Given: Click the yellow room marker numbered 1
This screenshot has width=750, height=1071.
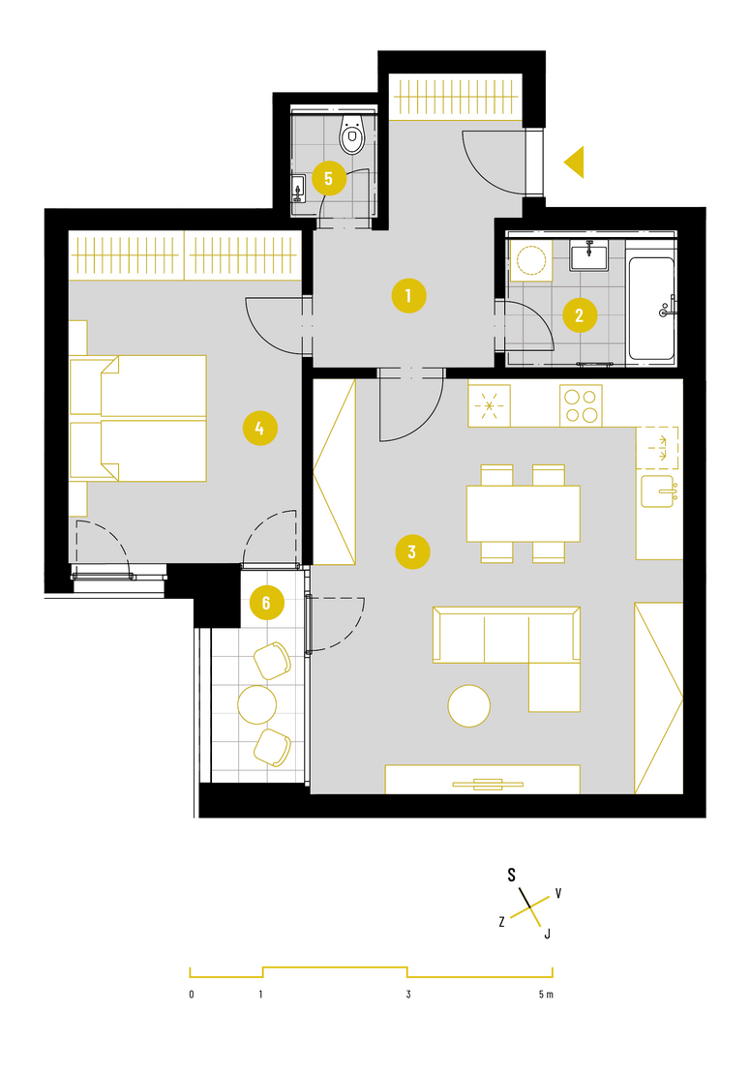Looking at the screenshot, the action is pos(408,296).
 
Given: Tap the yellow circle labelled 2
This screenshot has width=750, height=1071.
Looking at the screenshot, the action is pos(580,314).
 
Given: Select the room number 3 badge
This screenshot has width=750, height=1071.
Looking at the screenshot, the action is pos(412,551).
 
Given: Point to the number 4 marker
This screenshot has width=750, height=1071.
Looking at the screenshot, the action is pos(259,429).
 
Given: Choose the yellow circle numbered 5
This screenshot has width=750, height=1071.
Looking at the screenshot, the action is pos(329,178).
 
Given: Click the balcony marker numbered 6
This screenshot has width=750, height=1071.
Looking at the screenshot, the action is pos(266,603).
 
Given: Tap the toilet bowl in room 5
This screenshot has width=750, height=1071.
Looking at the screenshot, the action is pos(352,134).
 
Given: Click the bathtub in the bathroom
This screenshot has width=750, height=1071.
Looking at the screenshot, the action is pos(652,308).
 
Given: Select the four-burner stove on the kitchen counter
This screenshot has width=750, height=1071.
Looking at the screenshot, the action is pos(581,405).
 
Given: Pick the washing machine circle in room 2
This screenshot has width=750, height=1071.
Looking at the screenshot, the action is pos(530,260).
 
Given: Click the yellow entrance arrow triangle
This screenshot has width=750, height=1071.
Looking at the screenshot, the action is pos(574,163).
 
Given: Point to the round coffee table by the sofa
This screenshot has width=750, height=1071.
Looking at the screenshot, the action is pos(469,705).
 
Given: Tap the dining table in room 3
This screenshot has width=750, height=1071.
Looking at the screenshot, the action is pos(524,513).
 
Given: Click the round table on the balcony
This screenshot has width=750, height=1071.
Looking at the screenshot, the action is pos(256,704).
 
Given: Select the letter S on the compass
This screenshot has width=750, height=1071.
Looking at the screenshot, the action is pos(512,875).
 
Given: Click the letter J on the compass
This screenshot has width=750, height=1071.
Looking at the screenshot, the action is pos(547,934).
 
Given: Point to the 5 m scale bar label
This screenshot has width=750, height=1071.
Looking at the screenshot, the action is pos(546,994).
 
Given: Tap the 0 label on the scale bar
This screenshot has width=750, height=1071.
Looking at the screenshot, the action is pos(192,994).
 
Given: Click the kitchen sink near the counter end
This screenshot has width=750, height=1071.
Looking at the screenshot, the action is pos(658,491).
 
